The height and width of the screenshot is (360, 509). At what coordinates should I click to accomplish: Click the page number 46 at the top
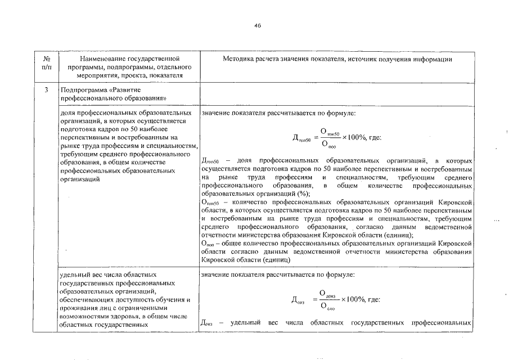[258, 25]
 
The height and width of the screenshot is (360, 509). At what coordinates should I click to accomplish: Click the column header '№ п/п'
[47, 62]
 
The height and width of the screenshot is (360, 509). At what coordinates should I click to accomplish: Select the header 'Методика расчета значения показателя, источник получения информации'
[337, 58]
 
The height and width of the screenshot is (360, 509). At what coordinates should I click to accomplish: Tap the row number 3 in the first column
[47, 89]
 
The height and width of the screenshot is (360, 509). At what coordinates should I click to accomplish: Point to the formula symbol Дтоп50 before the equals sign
[302, 138]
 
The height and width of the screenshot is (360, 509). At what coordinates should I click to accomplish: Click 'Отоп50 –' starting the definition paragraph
[211, 201]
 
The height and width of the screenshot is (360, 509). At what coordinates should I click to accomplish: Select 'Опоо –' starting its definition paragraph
[211, 243]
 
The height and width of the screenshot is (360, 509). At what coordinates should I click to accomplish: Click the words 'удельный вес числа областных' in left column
[101, 275]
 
